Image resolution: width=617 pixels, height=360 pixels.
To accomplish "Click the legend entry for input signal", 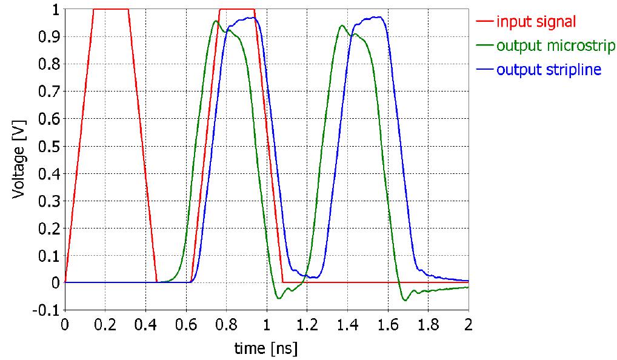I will coord(536,22).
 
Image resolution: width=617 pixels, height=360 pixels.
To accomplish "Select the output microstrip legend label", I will coord(556,45).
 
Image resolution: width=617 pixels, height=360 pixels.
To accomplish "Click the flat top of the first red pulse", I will coord(111,10).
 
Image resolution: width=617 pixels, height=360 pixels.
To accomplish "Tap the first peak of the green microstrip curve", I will coord(216,21).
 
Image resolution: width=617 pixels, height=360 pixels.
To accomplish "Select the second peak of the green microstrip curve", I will coord(342,25).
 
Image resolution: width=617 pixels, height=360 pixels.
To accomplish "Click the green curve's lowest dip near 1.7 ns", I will coord(405,300).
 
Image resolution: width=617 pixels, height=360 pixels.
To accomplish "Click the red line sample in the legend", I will coord(484,22).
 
